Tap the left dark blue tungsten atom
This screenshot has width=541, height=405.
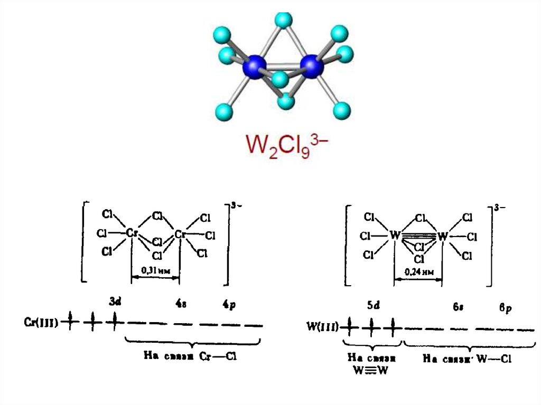(255, 67)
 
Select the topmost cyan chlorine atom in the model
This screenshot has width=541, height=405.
(284, 20)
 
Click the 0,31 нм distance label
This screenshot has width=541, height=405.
(155, 271)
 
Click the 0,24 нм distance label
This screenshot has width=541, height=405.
(418, 272)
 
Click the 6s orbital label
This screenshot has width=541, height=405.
(458, 308)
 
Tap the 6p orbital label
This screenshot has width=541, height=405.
(506, 308)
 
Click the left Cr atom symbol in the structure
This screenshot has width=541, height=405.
(132, 233)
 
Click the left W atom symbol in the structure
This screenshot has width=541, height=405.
(394, 234)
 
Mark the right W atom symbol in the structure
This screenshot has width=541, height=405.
(442, 235)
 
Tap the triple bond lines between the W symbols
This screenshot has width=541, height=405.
(418, 235)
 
